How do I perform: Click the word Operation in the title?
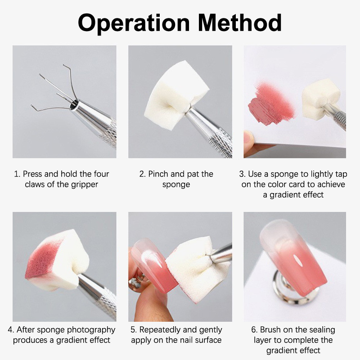point(134,23)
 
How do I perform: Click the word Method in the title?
point(240,22)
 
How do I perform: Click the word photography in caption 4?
point(91,330)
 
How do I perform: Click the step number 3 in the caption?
point(242,174)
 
